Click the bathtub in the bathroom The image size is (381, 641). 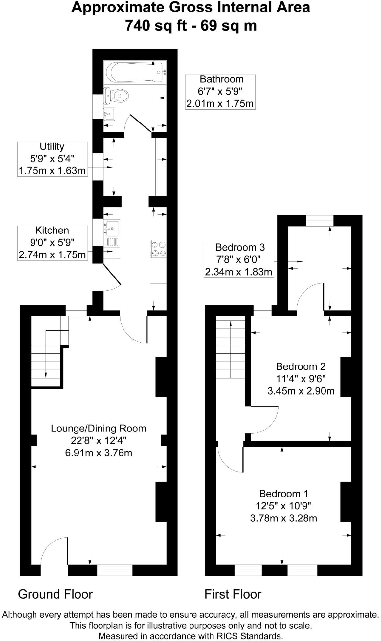pos(135,72)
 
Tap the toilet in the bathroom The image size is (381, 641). pos(116,96)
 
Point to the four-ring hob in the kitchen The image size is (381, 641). pos(158,249)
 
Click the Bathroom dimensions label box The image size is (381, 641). pos(220,92)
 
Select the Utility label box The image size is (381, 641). pos(53,159)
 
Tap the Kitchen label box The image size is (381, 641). pos(53,243)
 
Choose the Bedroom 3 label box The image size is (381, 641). pos(239,260)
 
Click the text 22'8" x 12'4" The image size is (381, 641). pos(99,440)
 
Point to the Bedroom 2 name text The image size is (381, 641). pos(301,366)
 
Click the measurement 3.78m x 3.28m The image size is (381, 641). pos(283,518)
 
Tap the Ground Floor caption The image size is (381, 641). pos(56,594)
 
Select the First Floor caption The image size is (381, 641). pos(233,594)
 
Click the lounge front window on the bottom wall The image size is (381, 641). pos(115,570)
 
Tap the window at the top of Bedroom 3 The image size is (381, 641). pos(320,220)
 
